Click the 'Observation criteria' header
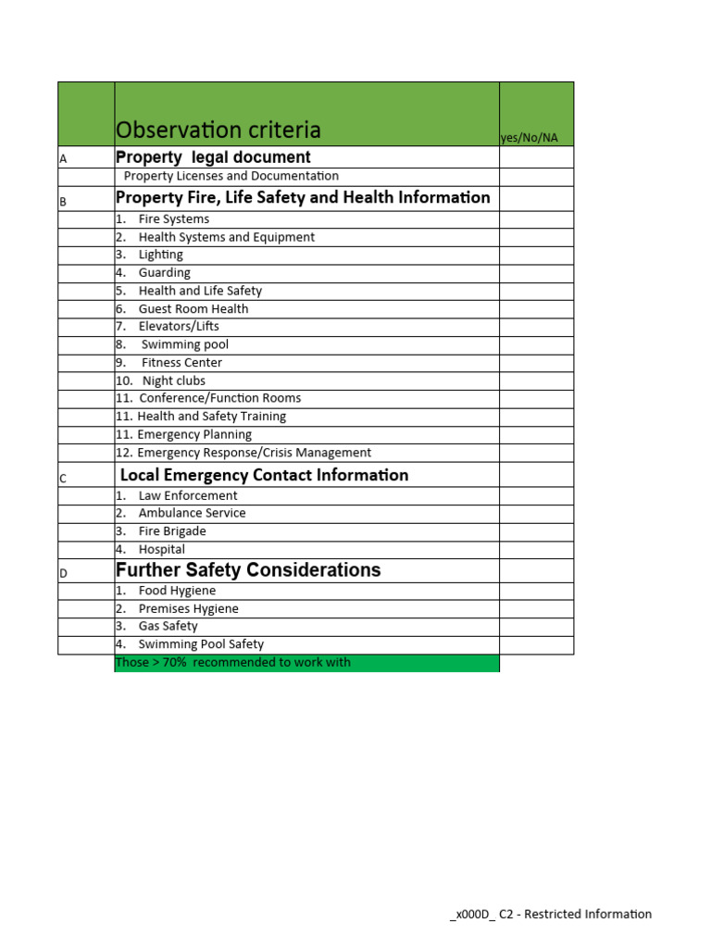218,130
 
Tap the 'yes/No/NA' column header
530,138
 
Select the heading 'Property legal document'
213,157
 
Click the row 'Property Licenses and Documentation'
231,176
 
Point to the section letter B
63,201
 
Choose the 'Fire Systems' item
173,219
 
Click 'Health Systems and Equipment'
226,237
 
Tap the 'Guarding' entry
164,273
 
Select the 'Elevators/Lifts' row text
179,327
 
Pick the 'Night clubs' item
173,380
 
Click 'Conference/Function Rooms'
219,398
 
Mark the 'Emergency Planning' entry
193,434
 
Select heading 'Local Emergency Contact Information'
264,475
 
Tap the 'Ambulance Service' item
192,513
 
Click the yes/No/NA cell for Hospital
536,549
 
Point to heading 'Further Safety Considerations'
248,570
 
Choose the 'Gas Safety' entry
168,627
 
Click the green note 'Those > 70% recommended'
233,663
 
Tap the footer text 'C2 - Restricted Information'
575,914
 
